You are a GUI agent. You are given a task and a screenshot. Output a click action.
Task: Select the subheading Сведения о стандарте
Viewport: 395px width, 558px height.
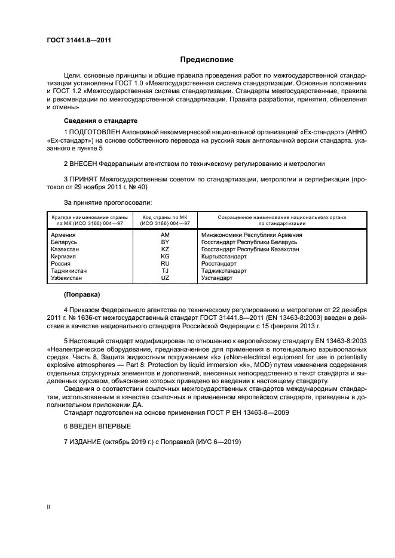pos(100,120)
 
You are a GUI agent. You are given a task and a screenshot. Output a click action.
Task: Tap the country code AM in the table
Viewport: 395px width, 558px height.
pos(165,235)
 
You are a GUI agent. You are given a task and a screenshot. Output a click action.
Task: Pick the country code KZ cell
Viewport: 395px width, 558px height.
pos(165,249)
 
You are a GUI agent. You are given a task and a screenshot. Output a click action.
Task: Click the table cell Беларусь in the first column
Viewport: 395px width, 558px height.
pos(65,242)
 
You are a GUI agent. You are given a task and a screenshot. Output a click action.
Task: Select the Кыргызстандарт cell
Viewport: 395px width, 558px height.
pos(224,257)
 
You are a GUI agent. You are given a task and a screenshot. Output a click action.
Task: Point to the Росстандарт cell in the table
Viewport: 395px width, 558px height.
pos(219,264)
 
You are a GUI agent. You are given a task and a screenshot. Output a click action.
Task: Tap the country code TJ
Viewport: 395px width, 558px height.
pos(165,271)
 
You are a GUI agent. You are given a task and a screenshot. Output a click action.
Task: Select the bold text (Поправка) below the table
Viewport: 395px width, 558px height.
pos(82,295)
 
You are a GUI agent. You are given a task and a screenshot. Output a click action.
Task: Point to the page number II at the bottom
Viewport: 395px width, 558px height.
pos(49,507)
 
